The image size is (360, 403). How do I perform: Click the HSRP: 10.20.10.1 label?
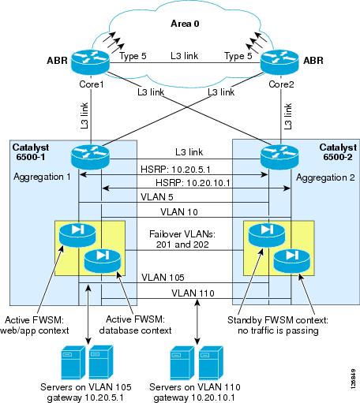(182, 183)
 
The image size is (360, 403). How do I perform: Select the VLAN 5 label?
(182, 197)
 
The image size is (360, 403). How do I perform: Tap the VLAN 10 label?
(182, 212)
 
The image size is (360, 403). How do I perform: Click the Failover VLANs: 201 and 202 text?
(182, 239)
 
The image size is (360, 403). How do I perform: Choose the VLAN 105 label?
(182, 277)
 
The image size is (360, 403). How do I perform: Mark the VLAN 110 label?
(182, 293)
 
